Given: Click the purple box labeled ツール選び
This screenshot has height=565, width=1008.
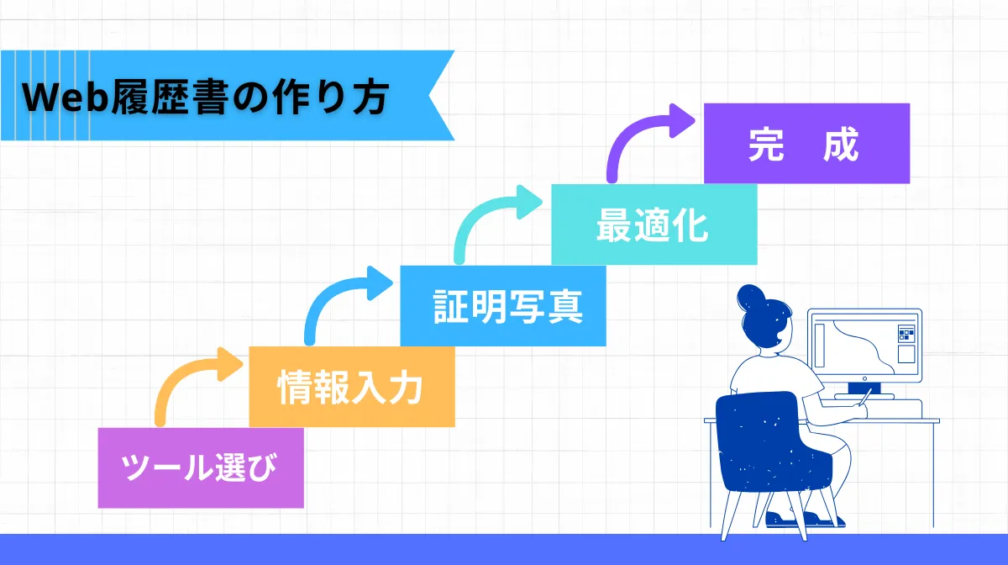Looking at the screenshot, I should click(x=200, y=467).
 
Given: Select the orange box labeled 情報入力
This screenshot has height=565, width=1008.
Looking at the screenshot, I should click(x=352, y=388).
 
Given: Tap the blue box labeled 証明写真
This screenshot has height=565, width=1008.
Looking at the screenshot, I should click(x=502, y=306).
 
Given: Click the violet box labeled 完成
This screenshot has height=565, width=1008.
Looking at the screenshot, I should click(x=806, y=143).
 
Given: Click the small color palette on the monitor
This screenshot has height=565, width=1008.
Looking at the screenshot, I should click(x=906, y=335).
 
